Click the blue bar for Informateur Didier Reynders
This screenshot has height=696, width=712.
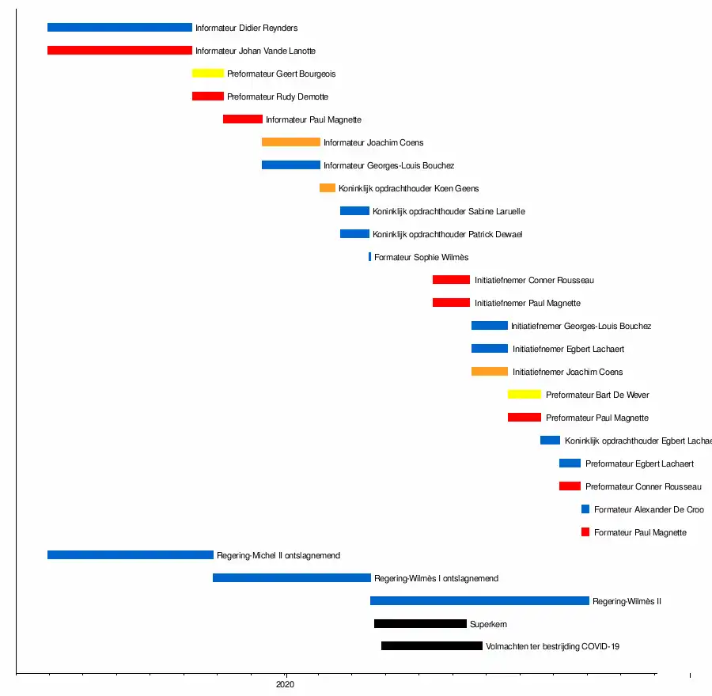tap(119, 28)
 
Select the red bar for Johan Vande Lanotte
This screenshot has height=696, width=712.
tap(119, 51)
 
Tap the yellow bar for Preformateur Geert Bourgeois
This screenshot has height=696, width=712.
tap(208, 74)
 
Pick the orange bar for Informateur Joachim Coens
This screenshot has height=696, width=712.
tap(291, 142)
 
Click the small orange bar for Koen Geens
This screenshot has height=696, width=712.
tap(328, 188)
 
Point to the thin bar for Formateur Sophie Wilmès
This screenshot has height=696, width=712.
tap(369, 257)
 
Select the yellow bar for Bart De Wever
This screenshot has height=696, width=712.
tap(525, 395)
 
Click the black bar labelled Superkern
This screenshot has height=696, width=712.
tap(420, 624)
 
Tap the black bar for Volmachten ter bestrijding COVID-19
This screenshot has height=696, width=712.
tap(432, 646)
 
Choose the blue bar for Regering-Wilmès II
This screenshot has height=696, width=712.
tap(479, 601)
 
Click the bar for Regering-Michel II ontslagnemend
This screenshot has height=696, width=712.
tap(131, 555)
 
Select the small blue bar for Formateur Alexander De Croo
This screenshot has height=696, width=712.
tap(585, 509)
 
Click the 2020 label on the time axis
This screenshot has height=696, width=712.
tap(286, 685)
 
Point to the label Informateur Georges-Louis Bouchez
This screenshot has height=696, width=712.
tap(388, 166)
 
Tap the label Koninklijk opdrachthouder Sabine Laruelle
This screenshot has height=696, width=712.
tap(449, 212)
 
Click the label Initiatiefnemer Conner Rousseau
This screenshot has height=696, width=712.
tap(534, 281)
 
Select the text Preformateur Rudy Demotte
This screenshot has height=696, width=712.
tap(278, 97)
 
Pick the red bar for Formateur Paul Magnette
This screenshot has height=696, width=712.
tap(585, 532)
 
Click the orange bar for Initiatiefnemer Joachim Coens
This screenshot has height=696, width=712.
tap(490, 372)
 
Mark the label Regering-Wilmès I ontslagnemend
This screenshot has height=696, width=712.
tap(436, 579)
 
